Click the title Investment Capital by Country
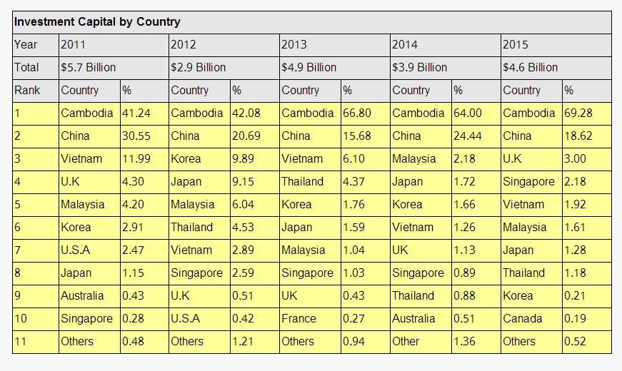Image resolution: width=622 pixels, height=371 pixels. [x=97, y=22]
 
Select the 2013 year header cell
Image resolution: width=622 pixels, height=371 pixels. [x=294, y=45]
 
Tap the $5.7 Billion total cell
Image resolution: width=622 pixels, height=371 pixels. [x=89, y=68]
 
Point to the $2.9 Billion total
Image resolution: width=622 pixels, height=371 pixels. [x=199, y=68]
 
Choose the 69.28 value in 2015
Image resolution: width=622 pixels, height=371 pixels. [x=576, y=113]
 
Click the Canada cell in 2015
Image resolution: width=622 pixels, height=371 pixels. [x=521, y=319]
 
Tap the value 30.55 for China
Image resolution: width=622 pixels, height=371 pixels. [x=134, y=136]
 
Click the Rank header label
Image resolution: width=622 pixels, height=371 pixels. [x=27, y=91]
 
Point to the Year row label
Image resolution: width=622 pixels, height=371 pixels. [x=25, y=45]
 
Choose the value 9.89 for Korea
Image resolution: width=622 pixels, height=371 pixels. [x=243, y=159]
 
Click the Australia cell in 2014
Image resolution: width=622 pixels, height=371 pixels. [x=413, y=319]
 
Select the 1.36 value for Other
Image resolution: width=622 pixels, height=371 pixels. [x=464, y=342]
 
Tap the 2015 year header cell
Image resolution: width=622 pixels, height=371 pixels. [x=516, y=45]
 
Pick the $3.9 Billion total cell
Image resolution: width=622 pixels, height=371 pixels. [x=419, y=68]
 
